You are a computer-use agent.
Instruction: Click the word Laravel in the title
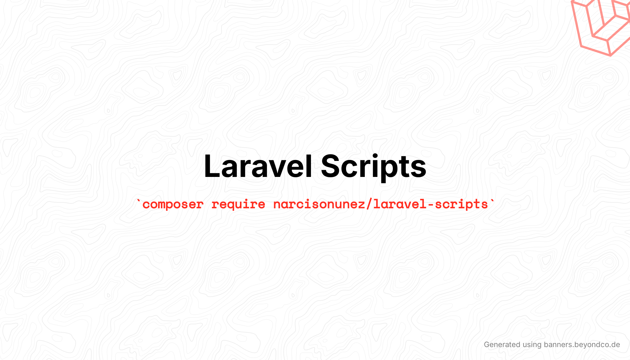click(x=258, y=166)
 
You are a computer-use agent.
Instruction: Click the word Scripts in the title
click(x=373, y=168)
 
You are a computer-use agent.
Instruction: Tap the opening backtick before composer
click(x=139, y=201)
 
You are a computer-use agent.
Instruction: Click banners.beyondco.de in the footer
click(x=582, y=345)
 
